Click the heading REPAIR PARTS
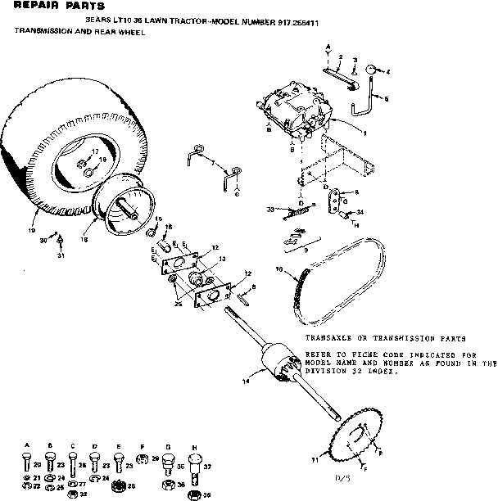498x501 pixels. click(x=47, y=7)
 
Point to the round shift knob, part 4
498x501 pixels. click(x=370, y=72)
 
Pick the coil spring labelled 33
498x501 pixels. click(x=297, y=211)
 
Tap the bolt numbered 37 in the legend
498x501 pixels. click(x=207, y=467)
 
